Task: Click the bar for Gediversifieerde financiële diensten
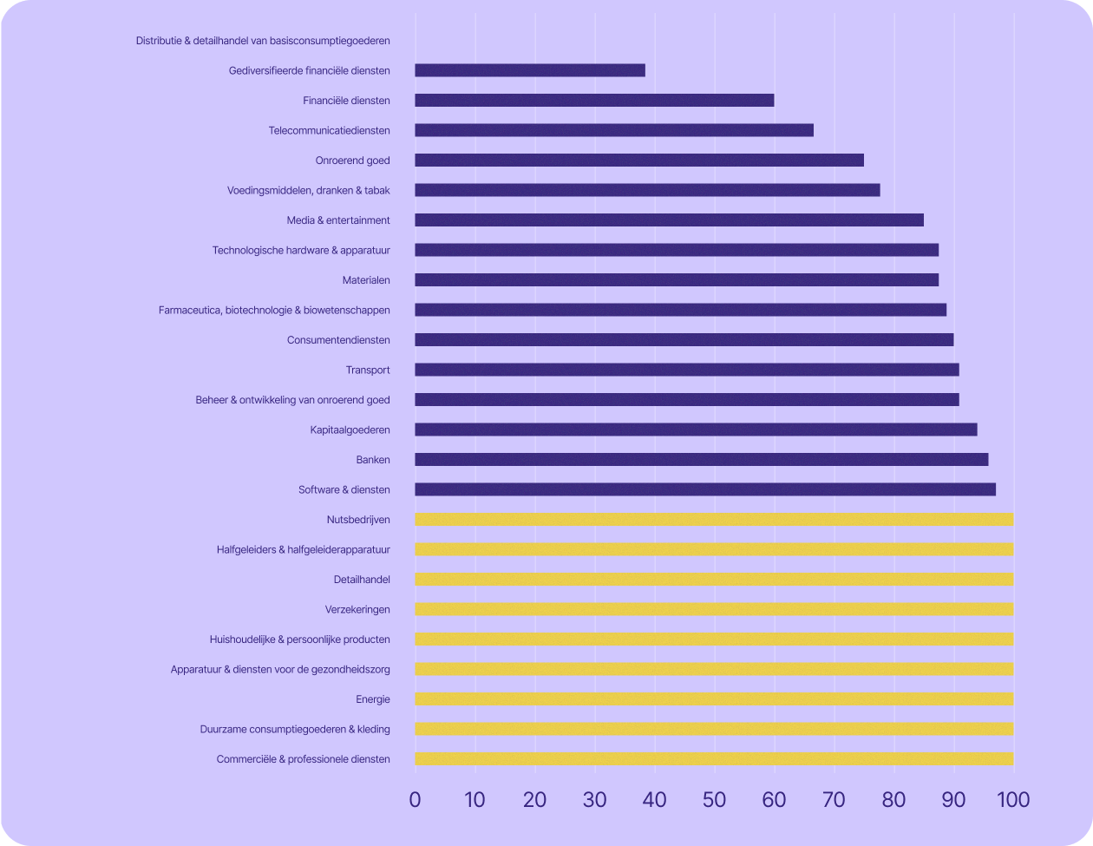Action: (530, 70)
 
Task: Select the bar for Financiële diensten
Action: (594, 101)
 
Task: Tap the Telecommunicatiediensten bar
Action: (614, 130)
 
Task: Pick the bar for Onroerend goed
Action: (639, 161)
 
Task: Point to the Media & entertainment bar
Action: (669, 220)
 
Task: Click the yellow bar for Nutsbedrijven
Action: (714, 520)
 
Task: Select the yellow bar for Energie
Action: (714, 699)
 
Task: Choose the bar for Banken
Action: (701, 460)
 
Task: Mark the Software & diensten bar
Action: (705, 489)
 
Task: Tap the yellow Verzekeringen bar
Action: (714, 609)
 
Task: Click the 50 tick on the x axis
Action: (714, 799)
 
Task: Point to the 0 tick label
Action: (415, 799)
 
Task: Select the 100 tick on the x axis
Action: (1012, 799)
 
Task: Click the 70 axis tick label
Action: (834, 799)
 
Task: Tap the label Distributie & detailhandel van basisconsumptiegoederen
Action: (263, 41)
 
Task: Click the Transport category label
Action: (368, 371)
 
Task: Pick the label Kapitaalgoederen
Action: (350, 430)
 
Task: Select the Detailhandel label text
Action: (362, 580)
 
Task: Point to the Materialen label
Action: (366, 280)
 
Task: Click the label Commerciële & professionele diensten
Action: (303, 759)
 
